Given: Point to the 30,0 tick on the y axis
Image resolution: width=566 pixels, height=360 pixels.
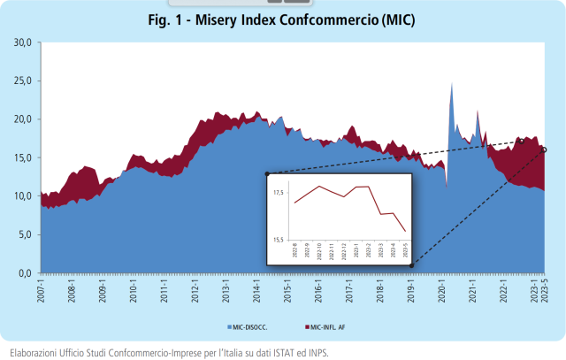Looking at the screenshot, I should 24,42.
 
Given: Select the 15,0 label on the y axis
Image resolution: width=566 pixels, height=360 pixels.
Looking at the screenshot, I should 24,157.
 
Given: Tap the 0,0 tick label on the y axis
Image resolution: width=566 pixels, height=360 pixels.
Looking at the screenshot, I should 27,273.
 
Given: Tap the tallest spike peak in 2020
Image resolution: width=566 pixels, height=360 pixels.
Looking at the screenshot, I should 452,83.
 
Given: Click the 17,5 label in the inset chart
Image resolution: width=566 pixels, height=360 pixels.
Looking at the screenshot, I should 278,192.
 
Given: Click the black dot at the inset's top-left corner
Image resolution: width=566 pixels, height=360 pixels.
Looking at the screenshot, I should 267,173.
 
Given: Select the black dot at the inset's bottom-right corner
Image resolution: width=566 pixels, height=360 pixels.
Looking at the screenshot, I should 412,264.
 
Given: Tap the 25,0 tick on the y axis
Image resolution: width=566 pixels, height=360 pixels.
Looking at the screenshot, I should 24,80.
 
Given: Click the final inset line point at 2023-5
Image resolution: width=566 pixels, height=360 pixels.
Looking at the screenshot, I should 405,232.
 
